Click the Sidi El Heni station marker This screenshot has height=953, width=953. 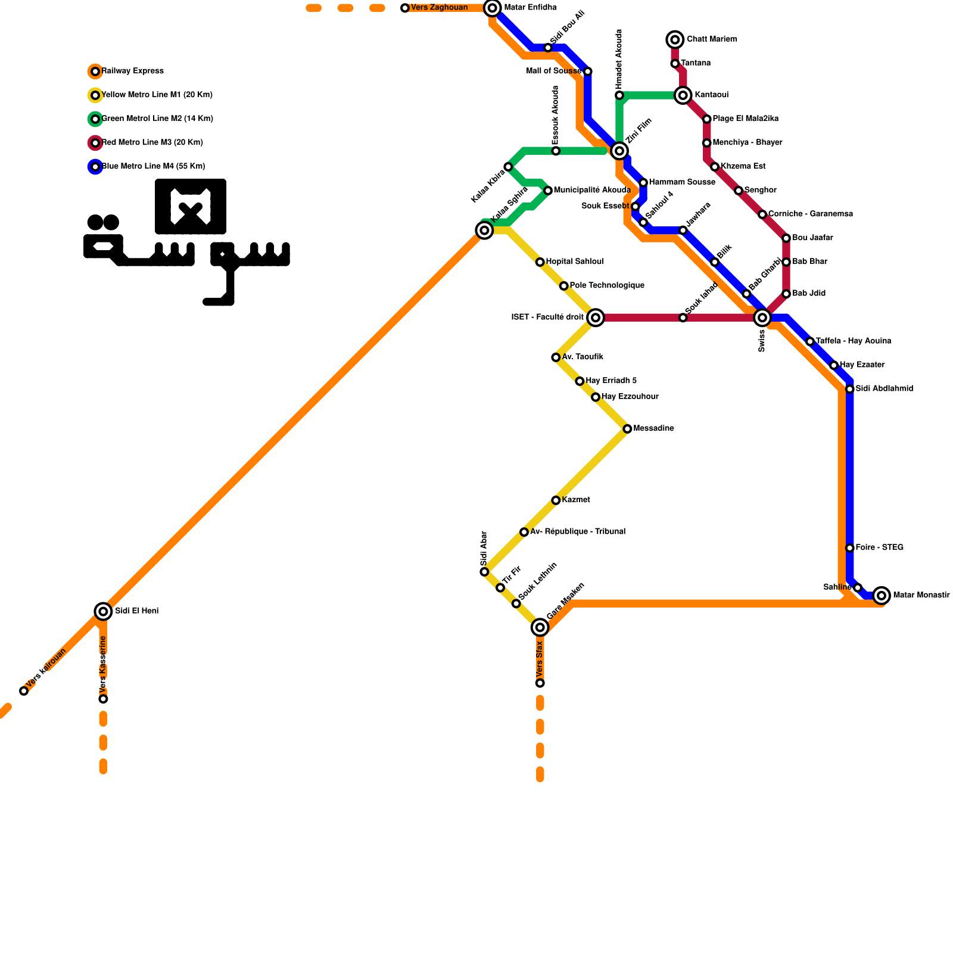103,611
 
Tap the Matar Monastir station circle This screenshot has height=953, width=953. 882,595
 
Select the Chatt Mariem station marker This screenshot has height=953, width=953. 675,40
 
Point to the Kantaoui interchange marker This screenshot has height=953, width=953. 683,95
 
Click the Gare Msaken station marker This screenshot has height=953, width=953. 540,627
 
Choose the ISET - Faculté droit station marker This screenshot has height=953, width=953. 596,317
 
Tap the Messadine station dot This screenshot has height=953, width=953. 627,429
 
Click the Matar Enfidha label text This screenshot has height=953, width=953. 530,8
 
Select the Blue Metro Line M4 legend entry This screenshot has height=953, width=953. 154,167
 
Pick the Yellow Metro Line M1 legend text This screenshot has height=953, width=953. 157,95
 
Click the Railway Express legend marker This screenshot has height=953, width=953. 95,71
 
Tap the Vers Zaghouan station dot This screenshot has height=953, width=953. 405,8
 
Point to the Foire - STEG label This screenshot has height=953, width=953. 879,547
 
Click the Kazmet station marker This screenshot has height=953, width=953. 556,500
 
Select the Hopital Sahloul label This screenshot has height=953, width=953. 574,261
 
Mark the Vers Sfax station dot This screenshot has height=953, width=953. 540,683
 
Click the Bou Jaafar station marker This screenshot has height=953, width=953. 786,238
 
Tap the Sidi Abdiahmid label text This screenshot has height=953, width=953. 884,388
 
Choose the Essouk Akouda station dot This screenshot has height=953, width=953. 556,151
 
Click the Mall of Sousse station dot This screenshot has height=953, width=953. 588,71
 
